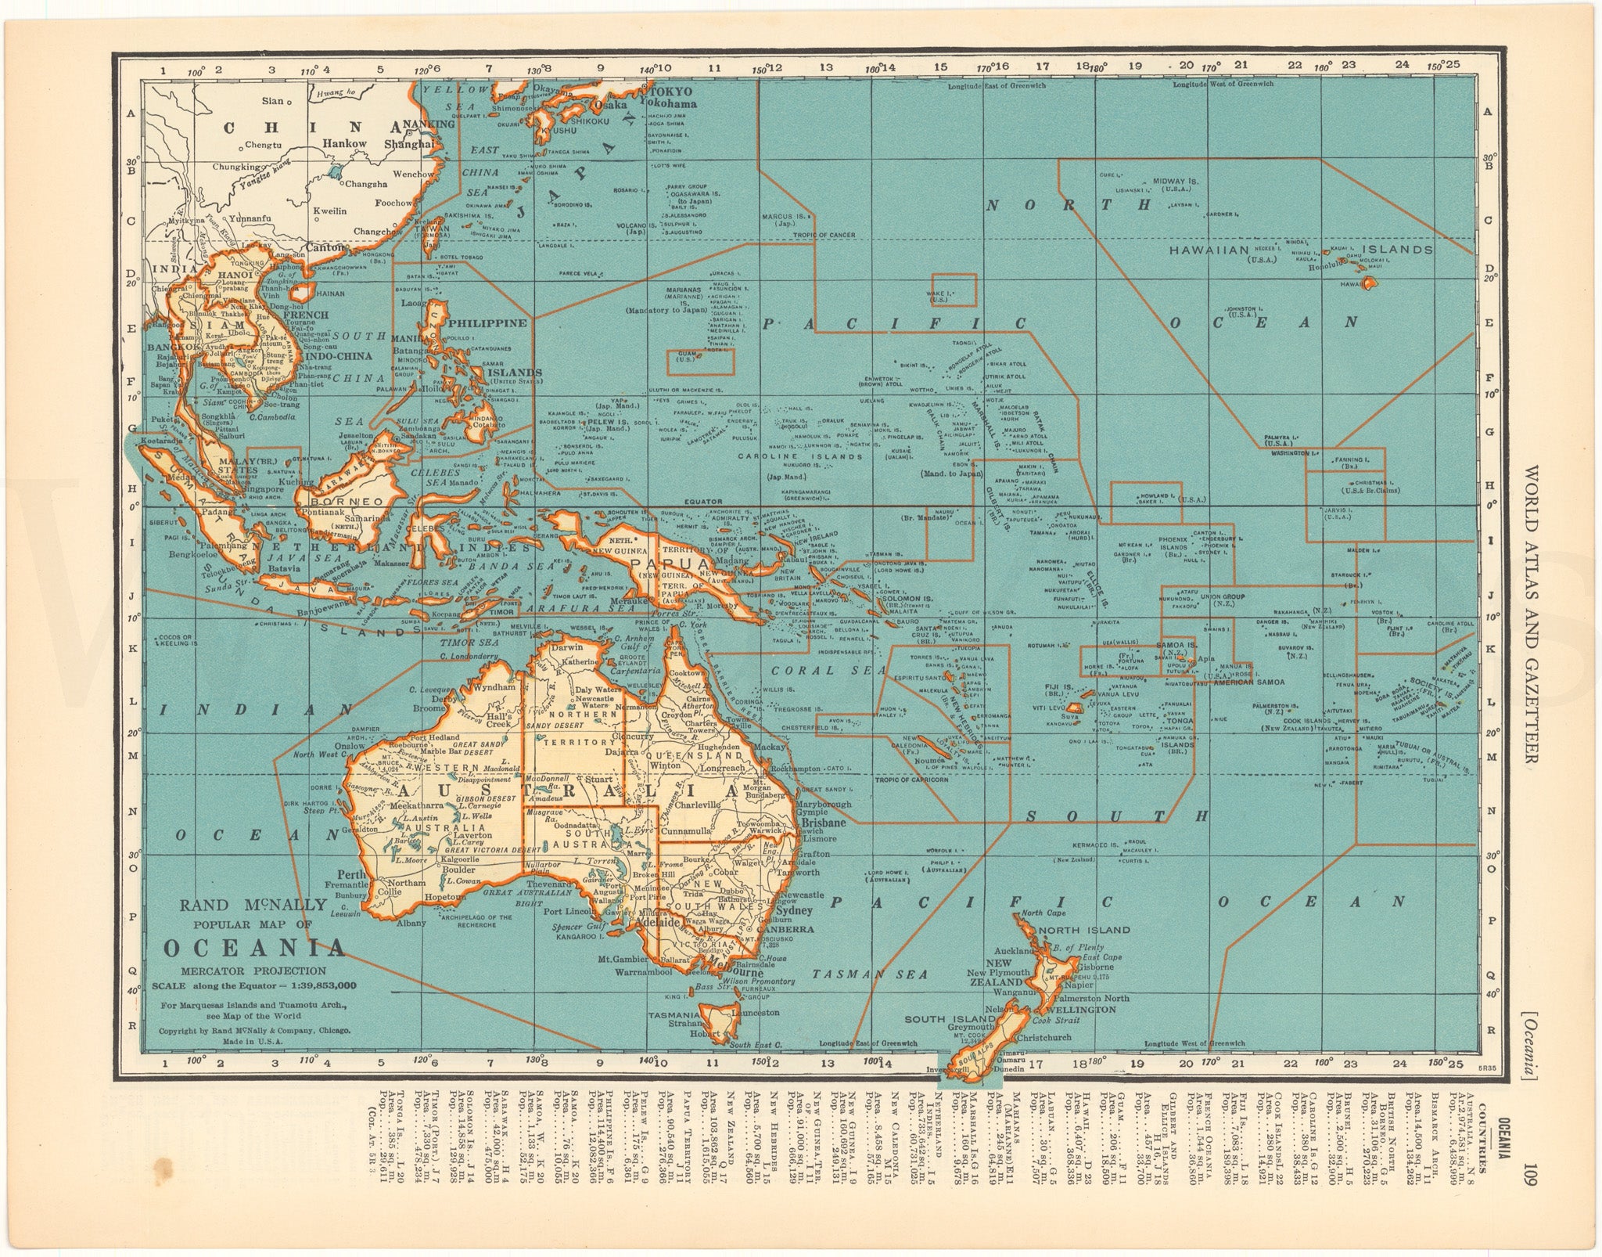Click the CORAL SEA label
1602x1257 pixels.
[x=815, y=671]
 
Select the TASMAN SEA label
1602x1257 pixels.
[x=870, y=974]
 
